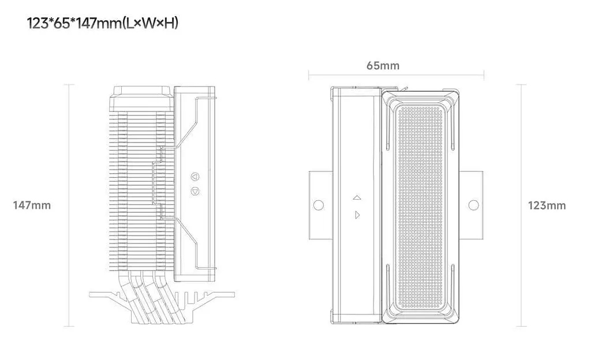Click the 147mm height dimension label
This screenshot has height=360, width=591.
[x=32, y=205]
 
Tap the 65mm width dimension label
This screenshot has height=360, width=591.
[x=383, y=66]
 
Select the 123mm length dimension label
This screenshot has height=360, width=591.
[x=547, y=205]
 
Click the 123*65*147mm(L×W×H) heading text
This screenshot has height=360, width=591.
[x=103, y=23]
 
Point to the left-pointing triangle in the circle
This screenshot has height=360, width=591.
[x=194, y=176]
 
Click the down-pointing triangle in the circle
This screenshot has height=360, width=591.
[x=195, y=192]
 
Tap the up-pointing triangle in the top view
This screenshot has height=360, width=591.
[x=357, y=197]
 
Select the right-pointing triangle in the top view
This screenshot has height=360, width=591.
[x=357, y=215]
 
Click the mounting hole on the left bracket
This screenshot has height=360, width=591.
[x=319, y=205]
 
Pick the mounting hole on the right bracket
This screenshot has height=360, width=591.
[x=473, y=205]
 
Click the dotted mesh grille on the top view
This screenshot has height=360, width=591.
[x=420, y=207]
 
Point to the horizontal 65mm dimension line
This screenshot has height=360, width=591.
[x=396, y=76]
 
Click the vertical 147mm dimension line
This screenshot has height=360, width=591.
[x=69, y=205]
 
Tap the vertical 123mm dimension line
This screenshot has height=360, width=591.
[x=521, y=205]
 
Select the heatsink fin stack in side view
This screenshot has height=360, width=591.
[x=141, y=191]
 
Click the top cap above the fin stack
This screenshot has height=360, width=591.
[x=141, y=99]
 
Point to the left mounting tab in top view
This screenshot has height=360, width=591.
[x=320, y=205]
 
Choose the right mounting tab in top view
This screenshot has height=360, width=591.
[x=471, y=205]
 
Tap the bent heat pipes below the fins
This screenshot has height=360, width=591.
[x=151, y=298]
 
